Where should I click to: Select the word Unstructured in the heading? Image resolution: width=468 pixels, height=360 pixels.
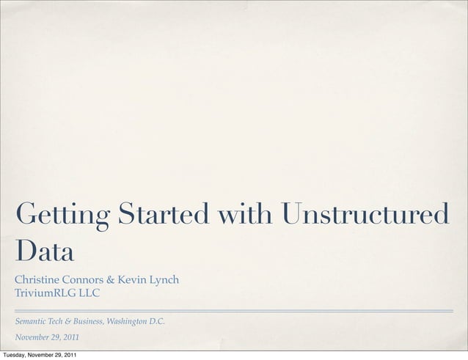365,215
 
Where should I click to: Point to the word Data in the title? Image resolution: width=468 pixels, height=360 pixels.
45,252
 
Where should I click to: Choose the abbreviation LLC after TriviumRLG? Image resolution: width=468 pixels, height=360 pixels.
89,294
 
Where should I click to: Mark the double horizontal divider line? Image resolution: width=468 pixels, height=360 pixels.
234,311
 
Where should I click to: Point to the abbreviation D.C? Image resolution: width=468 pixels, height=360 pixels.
157,321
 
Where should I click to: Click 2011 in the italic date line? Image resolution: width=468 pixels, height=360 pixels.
71,338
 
